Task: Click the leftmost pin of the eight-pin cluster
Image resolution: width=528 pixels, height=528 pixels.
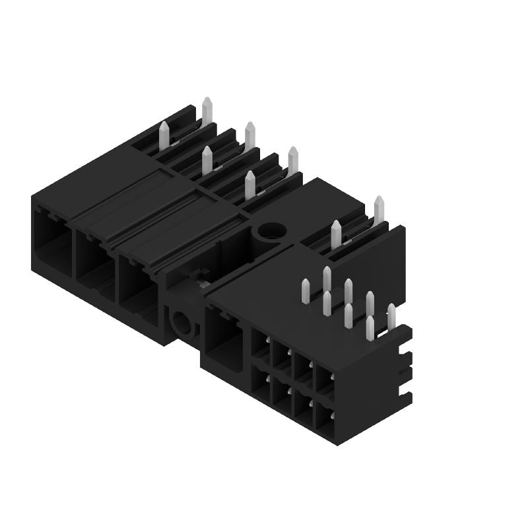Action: (x=306, y=291)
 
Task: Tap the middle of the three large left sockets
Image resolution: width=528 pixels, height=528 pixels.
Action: (x=94, y=259)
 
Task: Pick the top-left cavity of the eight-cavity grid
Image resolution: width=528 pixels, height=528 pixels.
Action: (x=260, y=347)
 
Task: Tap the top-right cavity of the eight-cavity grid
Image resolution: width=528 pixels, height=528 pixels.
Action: (x=325, y=381)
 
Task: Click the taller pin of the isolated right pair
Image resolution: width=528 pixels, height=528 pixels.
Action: (x=379, y=209)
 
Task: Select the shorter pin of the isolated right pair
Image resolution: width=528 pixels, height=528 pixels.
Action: (x=336, y=233)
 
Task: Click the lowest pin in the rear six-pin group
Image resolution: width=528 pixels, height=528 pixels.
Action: (x=250, y=184)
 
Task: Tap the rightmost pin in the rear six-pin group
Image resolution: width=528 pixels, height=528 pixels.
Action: (x=292, y=160)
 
